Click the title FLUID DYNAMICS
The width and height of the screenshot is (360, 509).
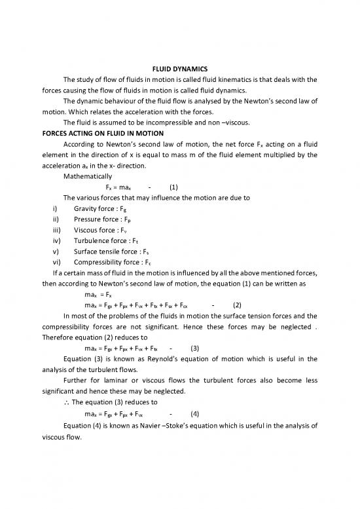[179, 69]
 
